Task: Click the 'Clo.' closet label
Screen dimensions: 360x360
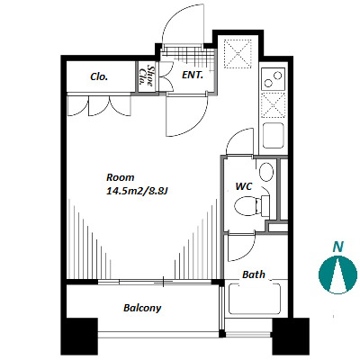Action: [99, 76]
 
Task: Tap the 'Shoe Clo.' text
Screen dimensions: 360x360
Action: [147, 76]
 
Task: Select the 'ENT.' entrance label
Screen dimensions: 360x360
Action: [193, 75]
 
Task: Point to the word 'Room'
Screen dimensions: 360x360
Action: [121, 177]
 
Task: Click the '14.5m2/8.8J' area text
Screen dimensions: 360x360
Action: [137, 191]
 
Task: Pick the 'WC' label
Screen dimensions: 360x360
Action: [244, 186]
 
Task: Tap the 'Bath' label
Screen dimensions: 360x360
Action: [254, 274]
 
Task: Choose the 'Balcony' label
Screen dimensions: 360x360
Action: [142, 308]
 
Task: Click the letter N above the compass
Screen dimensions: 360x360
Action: [338, 247]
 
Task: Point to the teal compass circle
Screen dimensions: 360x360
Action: [337, 274]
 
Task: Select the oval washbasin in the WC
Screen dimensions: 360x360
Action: [266, 172]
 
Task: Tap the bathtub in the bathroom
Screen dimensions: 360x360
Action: [255, 299]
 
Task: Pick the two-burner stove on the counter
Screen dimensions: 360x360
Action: [273, 79]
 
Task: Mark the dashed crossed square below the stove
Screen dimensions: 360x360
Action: [273, 104]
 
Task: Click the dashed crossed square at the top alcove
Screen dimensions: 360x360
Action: [238, 54]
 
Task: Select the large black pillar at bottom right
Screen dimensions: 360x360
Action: [291, 336]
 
